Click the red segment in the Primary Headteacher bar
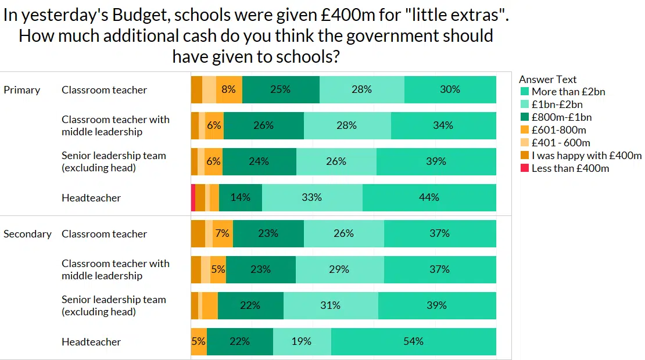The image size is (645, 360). pyautogui.click(x=193, y=197)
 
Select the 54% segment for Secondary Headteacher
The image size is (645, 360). pyautogui.click(x=413, y=341)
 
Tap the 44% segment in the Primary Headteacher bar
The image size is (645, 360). pyautogui.click(x=429, y=197)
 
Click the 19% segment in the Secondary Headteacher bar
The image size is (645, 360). pyautogui.click(x=302, y=341)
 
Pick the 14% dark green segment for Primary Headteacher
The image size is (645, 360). pyautogui.click(x=240, y=197)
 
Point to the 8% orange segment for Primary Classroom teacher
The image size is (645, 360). pyautogui.click(x=229, y=89)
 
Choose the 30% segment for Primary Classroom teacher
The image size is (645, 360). pyautogui.click(x=450, y=89)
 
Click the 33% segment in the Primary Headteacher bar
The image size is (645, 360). pyautogui.click(x=311, y=197)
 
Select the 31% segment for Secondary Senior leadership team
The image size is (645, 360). pyautogui.click(x=330, y=305)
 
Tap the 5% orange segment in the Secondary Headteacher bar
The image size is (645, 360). pyautogui.click(x=199, y=341)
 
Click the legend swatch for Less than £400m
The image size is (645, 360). pyautogui.click(x=524, y=168)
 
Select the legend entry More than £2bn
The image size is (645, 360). pyautogui.click(x=568, y=92)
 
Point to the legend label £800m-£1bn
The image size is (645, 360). pyautogui.click(x=561, y=117)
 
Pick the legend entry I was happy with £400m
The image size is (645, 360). pyautogui.click(x=586, y=156)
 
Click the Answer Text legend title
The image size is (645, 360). pyautogui.click(x=547, y=80)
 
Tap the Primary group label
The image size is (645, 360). pyautogui.click(x=22, y=90)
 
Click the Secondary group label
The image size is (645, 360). pyautogui.click(x=27, y=234)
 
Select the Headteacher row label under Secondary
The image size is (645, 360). pyautogui.click(x=91, y=342)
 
